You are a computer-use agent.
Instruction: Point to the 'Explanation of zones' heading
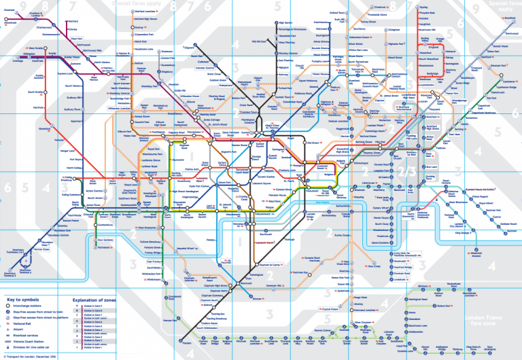click(91, 299)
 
